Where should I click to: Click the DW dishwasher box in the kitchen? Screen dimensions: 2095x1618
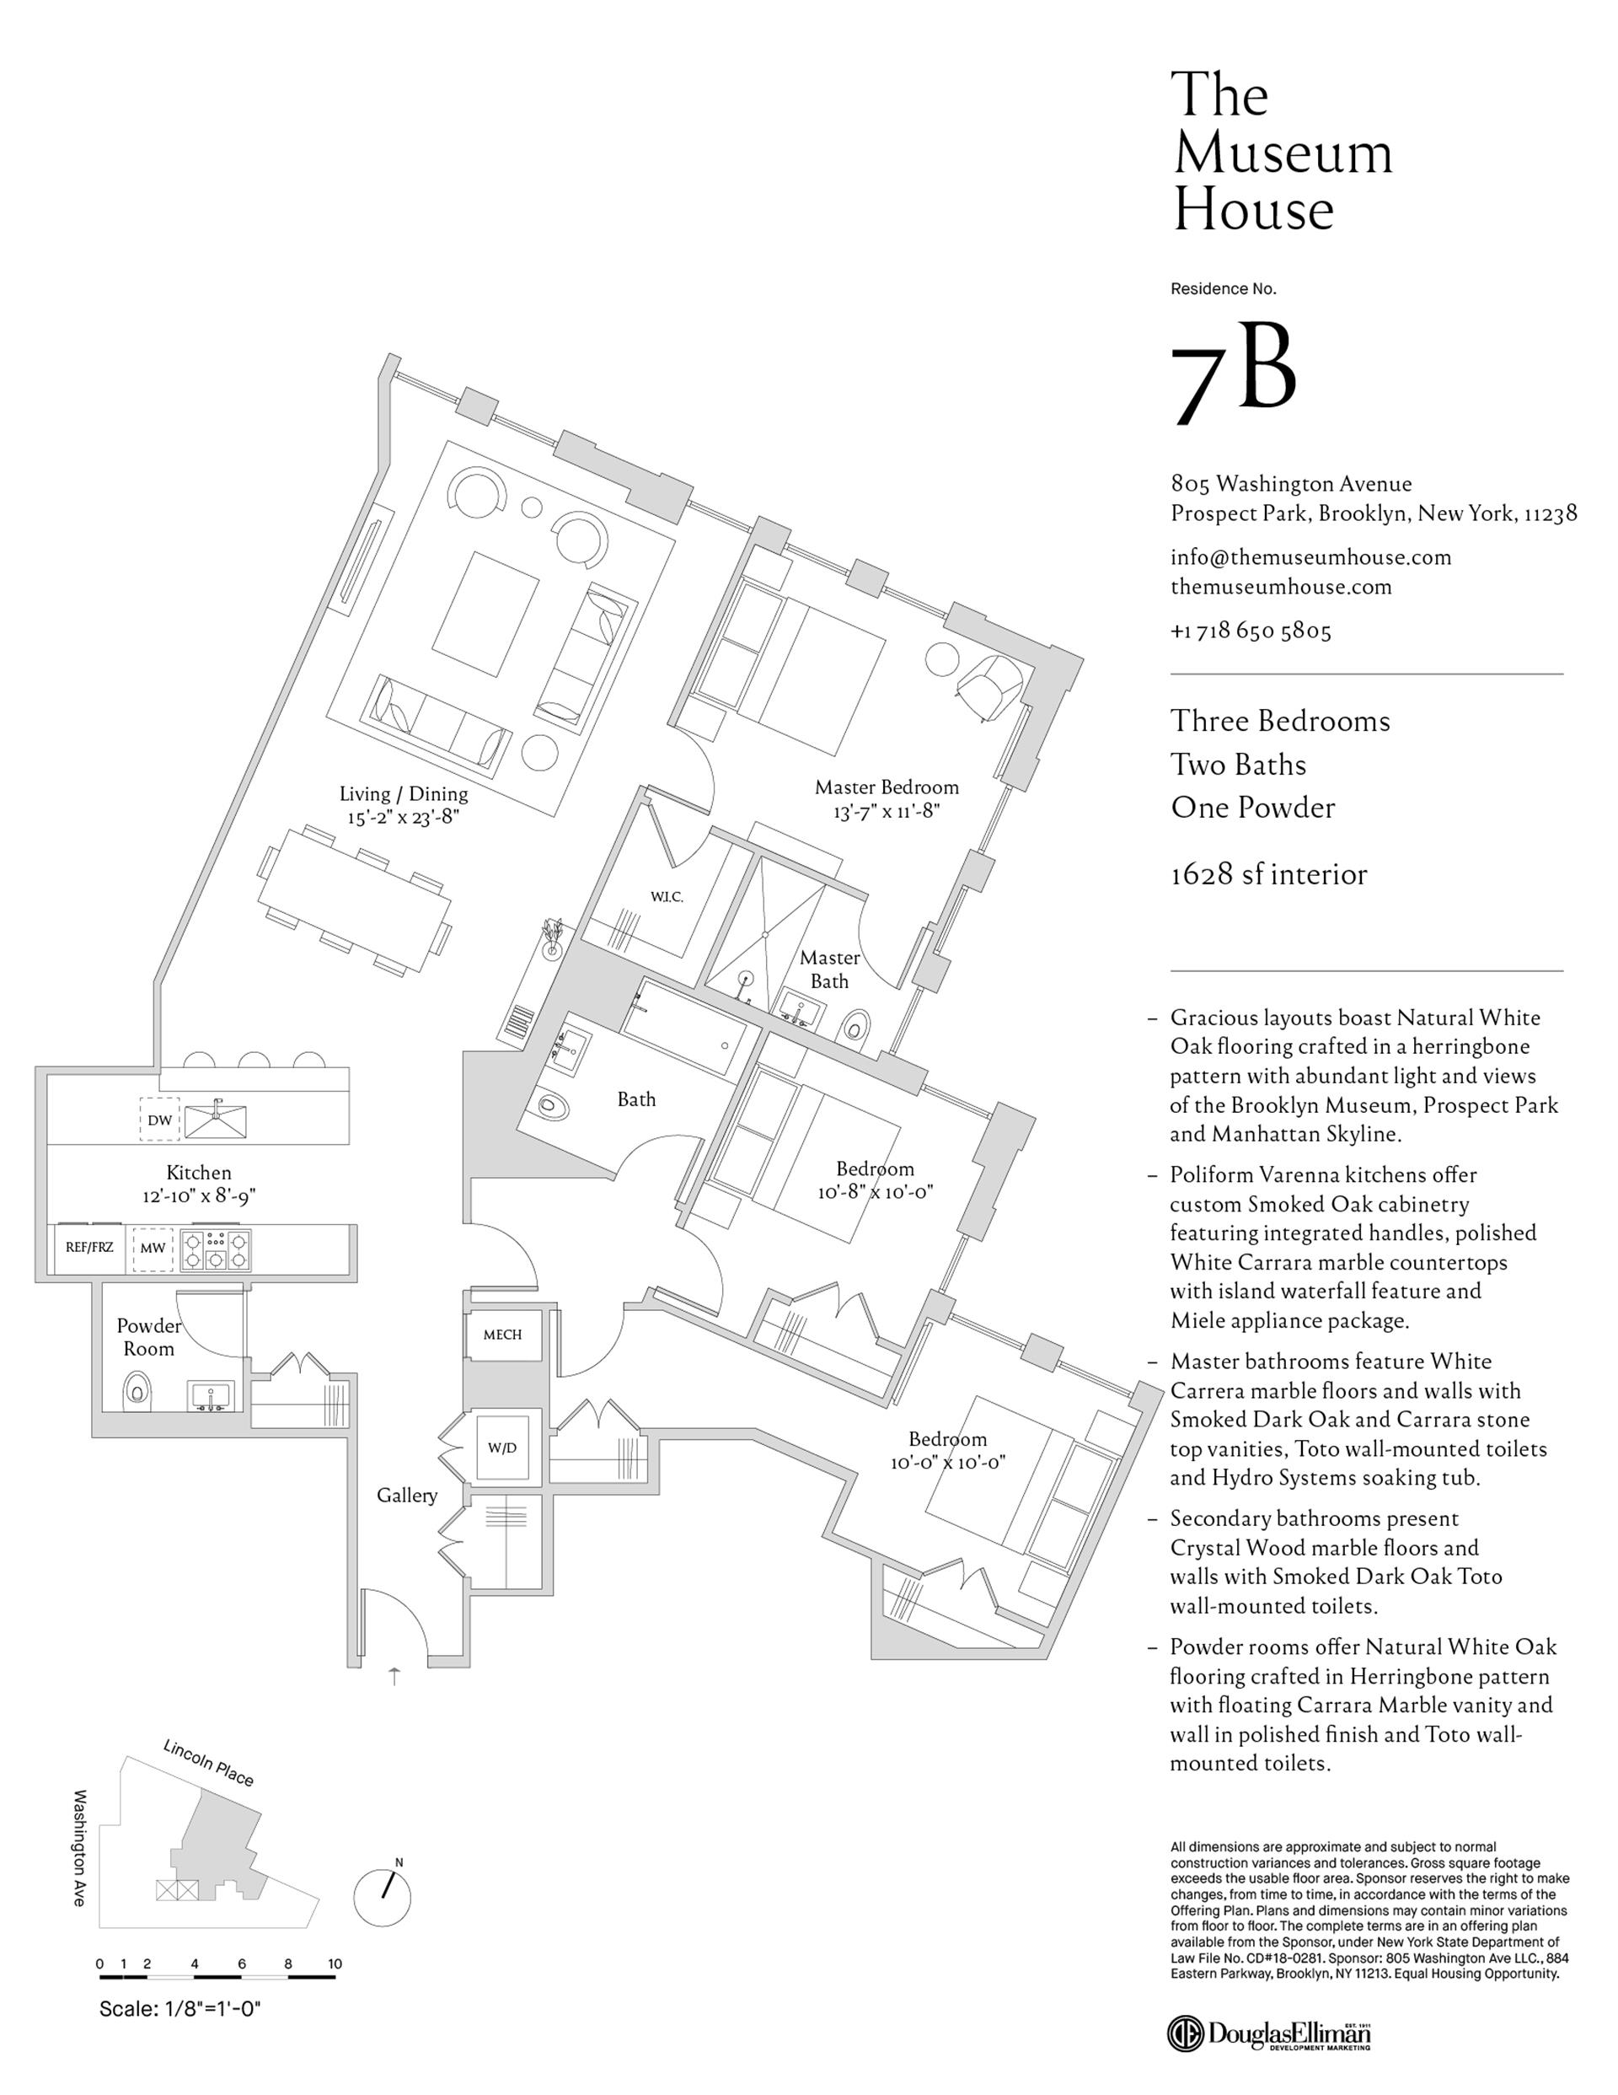coord(159,1120)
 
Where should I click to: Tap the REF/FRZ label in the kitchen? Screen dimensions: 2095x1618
coord(89,1248)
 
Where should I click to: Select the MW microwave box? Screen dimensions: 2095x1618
coord(153,1248)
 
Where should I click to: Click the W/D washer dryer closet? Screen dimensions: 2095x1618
coord(501,1448)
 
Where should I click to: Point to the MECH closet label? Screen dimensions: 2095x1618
coord(501,1335)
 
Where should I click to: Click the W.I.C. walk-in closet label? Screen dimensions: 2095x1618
coord(666,897)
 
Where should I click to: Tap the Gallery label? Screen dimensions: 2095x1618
coord(407,1495)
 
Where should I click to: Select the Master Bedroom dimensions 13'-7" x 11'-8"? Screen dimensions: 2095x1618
coord(887,810)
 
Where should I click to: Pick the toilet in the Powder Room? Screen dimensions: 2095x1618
coord(138,1390)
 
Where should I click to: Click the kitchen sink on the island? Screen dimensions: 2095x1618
coord(216,1120)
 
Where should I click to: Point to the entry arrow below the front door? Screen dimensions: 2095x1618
coord(394,1676)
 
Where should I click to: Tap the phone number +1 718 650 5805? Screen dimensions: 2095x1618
coord(1251,631)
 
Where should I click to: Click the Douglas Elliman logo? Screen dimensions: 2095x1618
coord(1269,2033)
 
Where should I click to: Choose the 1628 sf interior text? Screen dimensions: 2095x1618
coord(1268,874)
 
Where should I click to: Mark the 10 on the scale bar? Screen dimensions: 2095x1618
coord(335,1963)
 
